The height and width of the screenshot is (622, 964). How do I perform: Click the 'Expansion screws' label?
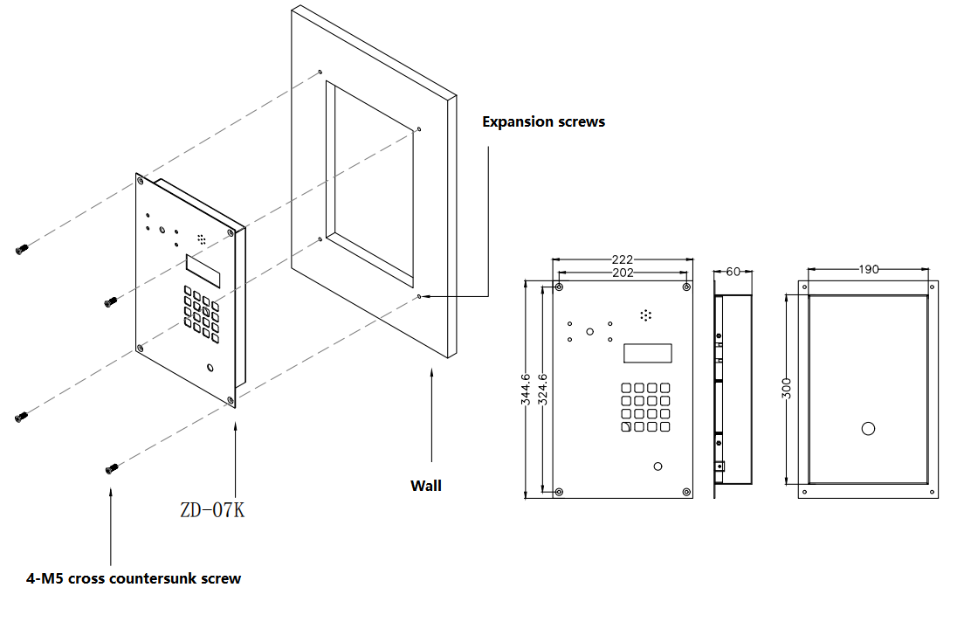pyautogui.click(x=543, y=122)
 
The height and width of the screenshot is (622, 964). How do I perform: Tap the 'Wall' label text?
pyautogui.click(x=426, y=486)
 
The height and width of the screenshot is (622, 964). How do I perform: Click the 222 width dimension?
pyautogui.click(x=622, y=259)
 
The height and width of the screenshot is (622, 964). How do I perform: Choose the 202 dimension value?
pyautogui.click(x=622, y=273)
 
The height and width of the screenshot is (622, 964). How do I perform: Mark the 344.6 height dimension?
pyautogui.click(x=525, y=390)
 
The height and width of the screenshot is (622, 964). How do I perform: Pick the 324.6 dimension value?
pyautogui.click(x=542, y=390)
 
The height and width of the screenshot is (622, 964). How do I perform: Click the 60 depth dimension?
pyautogui.click(x=733, y=272)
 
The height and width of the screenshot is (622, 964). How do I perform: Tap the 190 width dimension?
pyautogui.click(x=869, y=270)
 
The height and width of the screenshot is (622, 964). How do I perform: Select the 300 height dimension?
pyautogui.click(x=787, y=390)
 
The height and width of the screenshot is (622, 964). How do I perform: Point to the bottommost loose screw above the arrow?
pyautogui.click(x=111, y=470)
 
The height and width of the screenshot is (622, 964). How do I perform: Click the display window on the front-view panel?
pyautogui.click(x=647, y=354)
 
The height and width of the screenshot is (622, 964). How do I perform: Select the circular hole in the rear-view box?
pyautogui.click(x=868, y=429)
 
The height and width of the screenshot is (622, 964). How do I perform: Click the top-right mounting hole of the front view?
pyautogui.click(x=687, y=287)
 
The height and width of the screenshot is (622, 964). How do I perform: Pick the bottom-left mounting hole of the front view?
pyautogui.click(x=560, y=492)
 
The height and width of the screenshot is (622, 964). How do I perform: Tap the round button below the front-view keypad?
pyautogui.click(x=658, y=466)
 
